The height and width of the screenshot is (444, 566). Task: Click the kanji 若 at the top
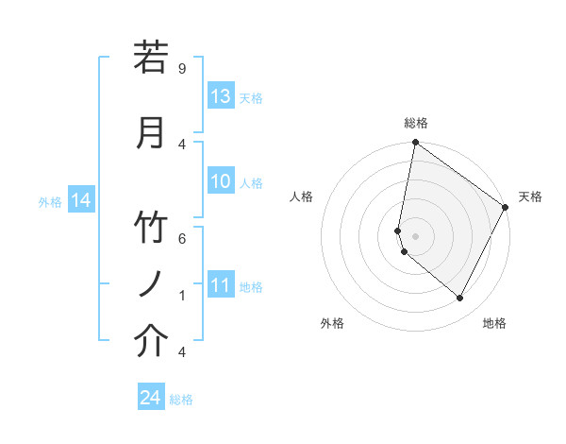(151, 58)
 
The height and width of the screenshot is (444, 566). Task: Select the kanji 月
(151, 133)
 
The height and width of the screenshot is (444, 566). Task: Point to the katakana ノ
(151, 284)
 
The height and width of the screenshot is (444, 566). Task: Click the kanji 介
(151, 341)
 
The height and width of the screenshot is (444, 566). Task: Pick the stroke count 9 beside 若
(181, 68)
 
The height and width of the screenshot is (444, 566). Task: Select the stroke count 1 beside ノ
(181, 295)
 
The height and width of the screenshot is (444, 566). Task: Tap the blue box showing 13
(221, 96)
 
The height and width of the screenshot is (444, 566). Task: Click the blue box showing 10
(221, 181)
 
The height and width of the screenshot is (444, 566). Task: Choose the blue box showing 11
(221, 285)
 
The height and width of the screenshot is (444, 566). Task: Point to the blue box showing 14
(80, 200)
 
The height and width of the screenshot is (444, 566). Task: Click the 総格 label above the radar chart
(416, 123)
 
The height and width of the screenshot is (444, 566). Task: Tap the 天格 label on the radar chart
(530, 196)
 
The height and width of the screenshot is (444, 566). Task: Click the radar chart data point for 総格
(416, 143)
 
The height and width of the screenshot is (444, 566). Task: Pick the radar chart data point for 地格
(459, 299)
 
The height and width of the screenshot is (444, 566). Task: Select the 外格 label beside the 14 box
(49, 201)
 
